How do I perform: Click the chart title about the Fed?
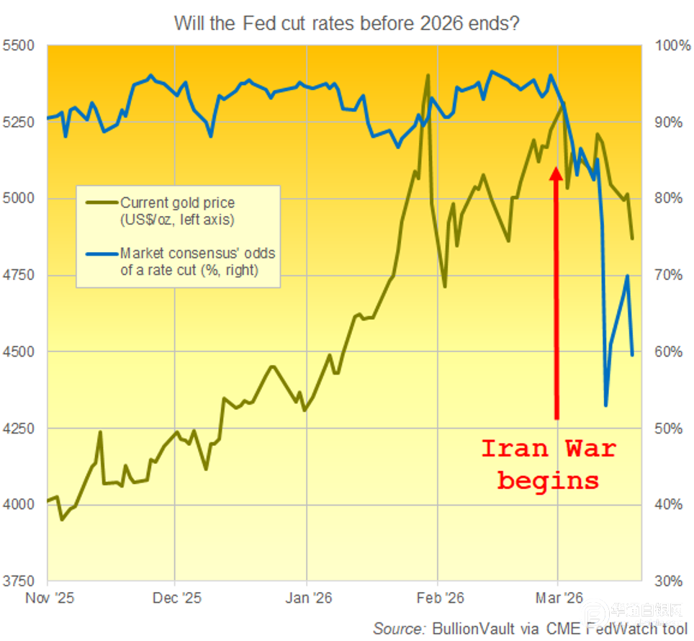click(346, 23)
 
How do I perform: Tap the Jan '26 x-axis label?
click(307, 599)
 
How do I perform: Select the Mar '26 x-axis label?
click(559, 599)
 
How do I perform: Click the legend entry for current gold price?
click(177, 211)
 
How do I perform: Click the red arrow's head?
click(556, 174)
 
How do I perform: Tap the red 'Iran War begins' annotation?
click(549, 464)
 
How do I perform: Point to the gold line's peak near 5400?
click(428, 75)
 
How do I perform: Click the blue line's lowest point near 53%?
click(605, 405)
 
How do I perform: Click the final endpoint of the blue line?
click(632, 354)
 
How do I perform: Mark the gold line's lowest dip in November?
click(62, 519)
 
